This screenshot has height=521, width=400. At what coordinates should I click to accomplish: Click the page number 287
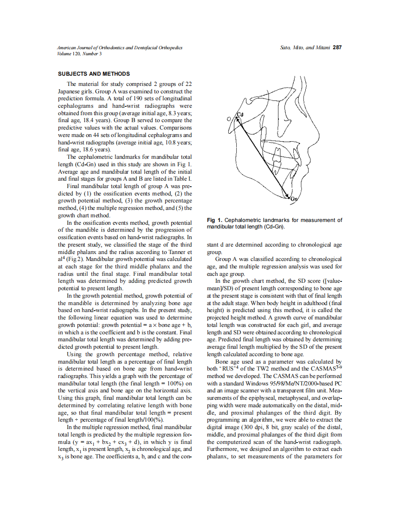(337, 48)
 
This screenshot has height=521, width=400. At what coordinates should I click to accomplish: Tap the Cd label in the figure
(240, 114)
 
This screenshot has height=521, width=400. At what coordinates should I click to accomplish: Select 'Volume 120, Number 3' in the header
(79, 54)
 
